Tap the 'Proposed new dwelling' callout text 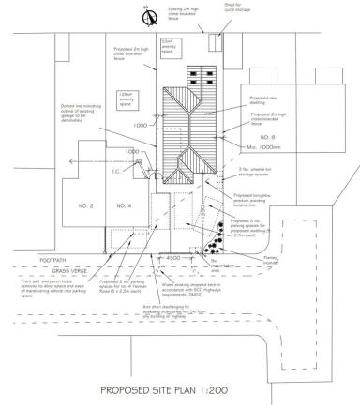coord(268,99)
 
